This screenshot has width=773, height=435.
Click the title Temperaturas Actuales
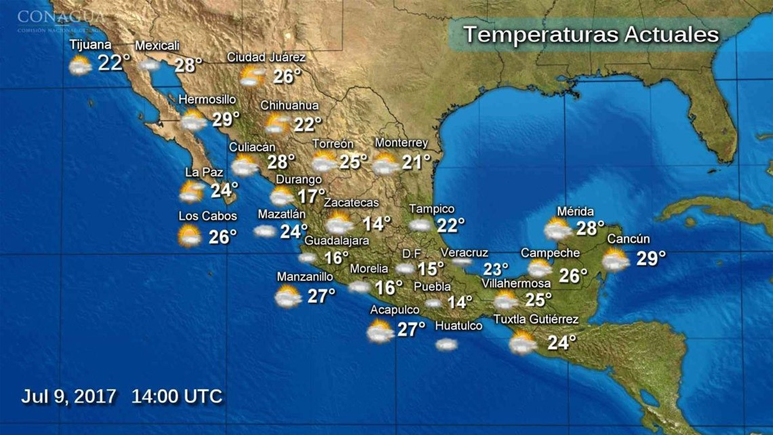click(591, 35)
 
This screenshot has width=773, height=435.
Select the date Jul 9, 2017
click(69, 396)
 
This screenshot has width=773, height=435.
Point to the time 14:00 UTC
click(177, 396)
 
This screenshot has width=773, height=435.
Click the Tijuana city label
click(90, 45)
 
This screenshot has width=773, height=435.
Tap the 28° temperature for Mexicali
click(189, 65)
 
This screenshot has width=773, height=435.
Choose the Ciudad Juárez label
click(266, 57)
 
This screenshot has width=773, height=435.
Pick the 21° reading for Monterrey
click(416, 162)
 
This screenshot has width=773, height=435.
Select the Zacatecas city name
click(351, 202)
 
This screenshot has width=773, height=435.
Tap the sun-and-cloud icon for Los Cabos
click(189, 236)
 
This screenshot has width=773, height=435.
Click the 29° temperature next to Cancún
click(651, 258)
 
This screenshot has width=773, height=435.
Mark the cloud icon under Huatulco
click(446, 344)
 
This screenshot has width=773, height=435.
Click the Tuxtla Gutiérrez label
click(536, 320)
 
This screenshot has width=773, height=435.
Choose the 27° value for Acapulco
click(411, 329)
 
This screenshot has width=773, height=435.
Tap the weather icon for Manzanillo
click(288, 296)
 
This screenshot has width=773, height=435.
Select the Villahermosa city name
click(516, 283)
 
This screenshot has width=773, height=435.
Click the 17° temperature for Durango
click(311, 197)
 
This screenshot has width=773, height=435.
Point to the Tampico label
click(431, 209)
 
